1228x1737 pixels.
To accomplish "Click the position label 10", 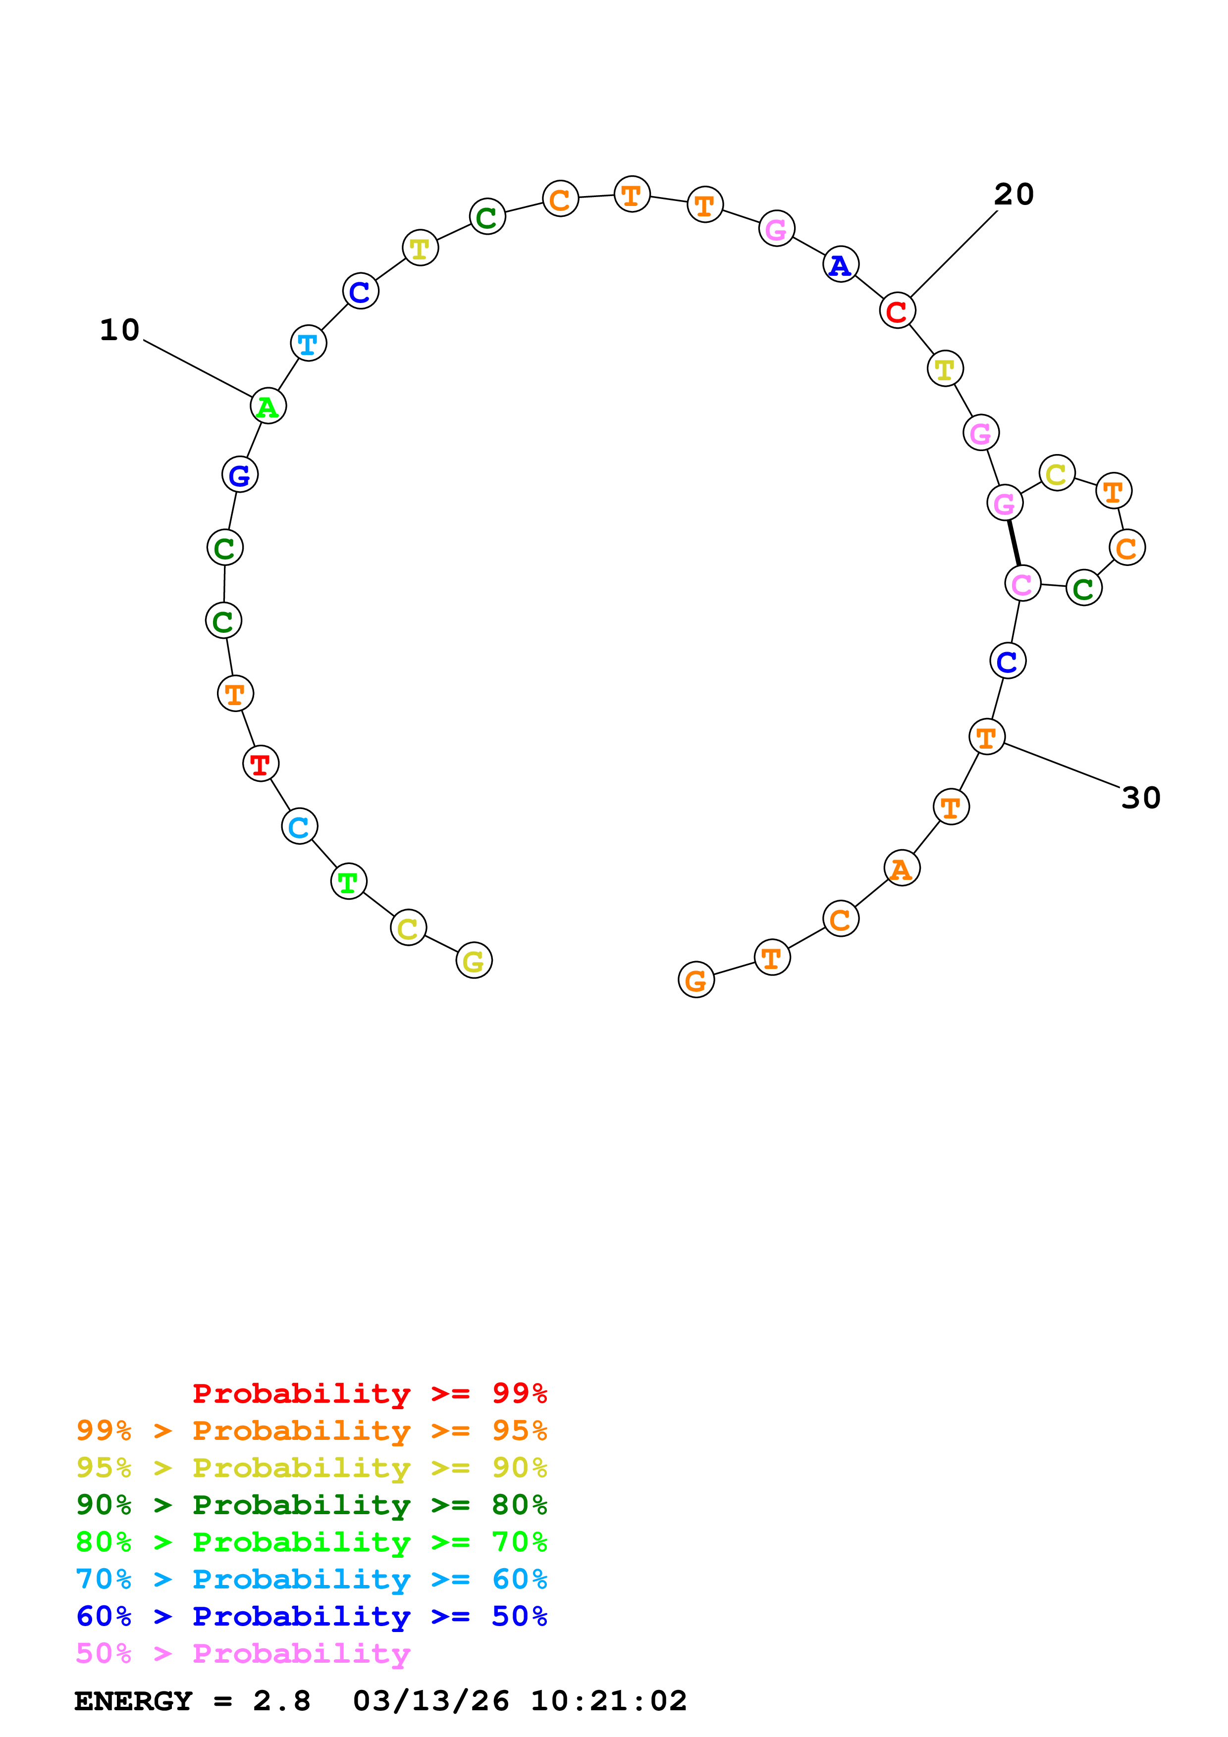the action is click(119, 330).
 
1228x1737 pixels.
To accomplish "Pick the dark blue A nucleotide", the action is click(841, 265).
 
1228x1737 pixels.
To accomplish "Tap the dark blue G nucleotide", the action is click(240, 475).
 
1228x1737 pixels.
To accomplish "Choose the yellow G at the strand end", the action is click(474, 960).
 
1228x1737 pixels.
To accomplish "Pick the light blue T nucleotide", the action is click(308, 344).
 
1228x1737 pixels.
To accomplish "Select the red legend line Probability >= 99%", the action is click(369, 1393).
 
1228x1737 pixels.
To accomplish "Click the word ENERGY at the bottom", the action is click(133, 1701).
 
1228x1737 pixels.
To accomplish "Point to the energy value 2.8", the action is click(281, 1701).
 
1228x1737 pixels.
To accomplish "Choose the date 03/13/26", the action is click(430, 1701).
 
